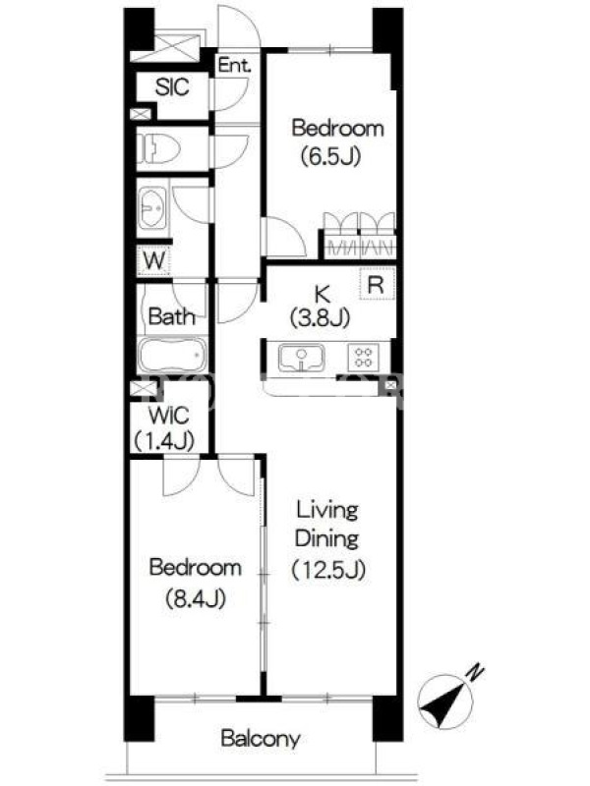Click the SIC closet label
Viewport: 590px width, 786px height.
[172, 87]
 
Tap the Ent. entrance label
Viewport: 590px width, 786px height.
[234, 65]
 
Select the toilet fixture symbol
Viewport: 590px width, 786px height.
[158, 148]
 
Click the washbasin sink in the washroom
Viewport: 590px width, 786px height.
[151, 208]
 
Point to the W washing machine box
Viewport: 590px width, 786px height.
[154, 260]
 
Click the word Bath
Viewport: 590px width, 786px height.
[171, 316]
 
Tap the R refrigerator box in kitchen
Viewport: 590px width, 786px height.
[378, 284]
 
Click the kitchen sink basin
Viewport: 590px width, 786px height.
[301, 358]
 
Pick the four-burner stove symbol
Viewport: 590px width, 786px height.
[363, 358]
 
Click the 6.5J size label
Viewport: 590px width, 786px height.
[330, 157]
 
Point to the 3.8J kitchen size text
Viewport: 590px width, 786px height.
[321, 317]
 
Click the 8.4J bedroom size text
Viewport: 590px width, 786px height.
[195, 598]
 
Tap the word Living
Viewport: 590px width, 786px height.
[327, 511]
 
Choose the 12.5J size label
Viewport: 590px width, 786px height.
[328, 570]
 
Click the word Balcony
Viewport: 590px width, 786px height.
[261, 739]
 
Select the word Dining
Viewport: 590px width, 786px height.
[326, 539]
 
